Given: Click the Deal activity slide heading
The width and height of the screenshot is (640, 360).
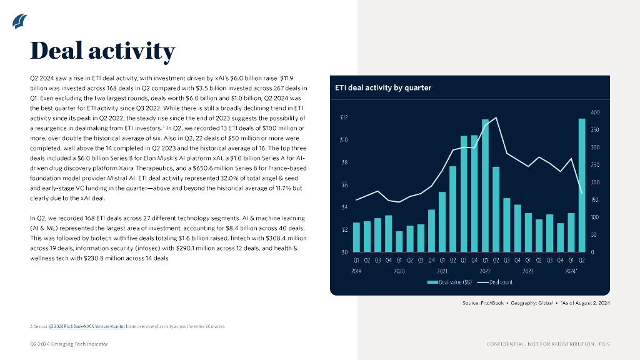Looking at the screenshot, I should [103, 51].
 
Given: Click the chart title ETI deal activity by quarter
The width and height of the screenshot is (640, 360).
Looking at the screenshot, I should [383, 87].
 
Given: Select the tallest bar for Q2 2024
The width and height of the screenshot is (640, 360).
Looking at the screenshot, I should [582, 185].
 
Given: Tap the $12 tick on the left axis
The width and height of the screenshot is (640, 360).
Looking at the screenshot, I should [344, 117].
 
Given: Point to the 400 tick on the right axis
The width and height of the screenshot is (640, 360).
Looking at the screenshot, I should [595, 112].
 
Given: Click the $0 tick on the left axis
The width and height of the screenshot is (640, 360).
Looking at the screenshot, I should [344, 252].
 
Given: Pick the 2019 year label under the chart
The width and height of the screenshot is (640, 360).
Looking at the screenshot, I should [357, 272].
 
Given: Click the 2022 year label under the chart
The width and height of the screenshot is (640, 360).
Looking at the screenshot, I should [485, 272].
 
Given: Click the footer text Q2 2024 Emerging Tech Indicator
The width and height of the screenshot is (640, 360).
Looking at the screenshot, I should [69, 344].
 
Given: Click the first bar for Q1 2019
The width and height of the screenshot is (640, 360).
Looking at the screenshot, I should [356, 237].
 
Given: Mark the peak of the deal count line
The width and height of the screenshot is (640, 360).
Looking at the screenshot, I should [496, 117].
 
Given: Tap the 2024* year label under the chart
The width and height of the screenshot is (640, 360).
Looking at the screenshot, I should [571, 272].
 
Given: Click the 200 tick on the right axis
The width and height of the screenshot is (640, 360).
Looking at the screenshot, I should [595, 182].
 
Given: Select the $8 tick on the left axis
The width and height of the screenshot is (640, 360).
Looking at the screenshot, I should [344, 162].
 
